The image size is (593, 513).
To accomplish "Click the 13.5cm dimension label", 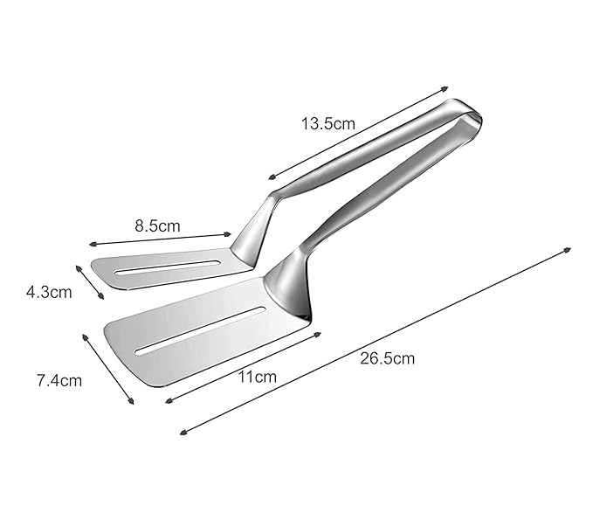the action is (328, 124).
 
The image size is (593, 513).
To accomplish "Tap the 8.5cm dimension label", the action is (157, 225).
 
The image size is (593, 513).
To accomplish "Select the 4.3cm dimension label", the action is (49, 292).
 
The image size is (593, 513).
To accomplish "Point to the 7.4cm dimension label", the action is (59, 380).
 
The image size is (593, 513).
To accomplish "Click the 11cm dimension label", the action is (257, 377).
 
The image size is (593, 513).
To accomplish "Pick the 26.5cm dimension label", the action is (387, 358).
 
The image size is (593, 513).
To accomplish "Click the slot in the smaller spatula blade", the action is (168, 267).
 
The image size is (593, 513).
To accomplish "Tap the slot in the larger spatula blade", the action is (199, 330).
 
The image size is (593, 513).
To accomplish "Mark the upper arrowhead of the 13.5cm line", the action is (445, 89).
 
